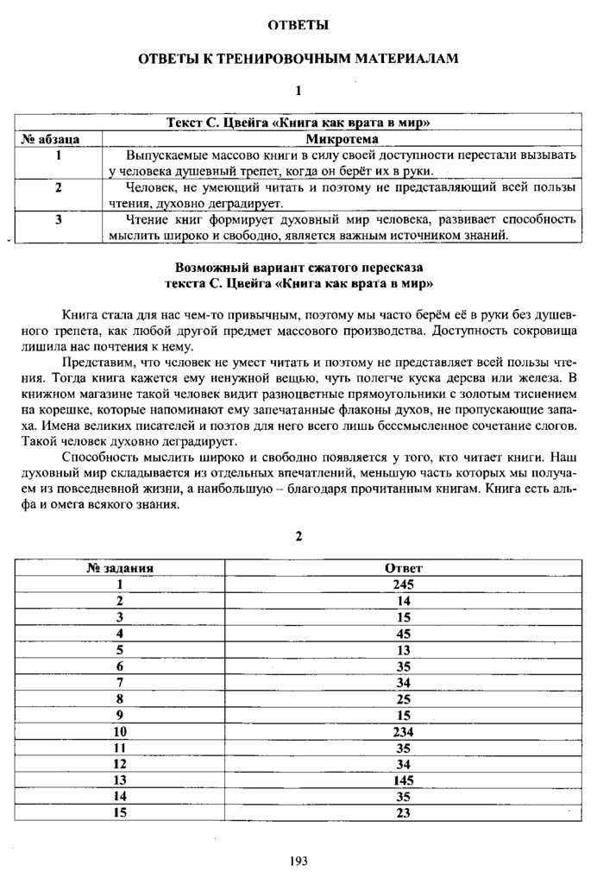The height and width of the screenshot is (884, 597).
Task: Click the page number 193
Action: pos(298,860)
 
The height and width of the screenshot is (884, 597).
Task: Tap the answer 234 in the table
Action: pos(403,731)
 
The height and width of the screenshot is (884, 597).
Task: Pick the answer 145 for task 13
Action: pos(403,780)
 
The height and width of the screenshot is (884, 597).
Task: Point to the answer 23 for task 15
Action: pos(403,813)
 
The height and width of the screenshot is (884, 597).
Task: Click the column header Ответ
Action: pos(403,568)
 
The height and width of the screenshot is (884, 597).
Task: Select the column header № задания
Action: pos(120,568)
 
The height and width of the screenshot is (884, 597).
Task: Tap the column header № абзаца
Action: pos(58,138)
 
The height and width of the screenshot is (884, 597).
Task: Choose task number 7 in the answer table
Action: pos(120,682)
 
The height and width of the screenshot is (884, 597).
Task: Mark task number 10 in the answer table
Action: pos(120,731)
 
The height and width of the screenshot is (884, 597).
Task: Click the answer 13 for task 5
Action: pos(403,649)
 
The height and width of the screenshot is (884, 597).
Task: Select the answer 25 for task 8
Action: pos(403,698)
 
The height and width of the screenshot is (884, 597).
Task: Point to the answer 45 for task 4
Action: pos(403,633)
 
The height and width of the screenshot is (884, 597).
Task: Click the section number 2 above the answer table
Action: pos(298,536)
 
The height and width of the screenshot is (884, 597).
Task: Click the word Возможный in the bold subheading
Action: pos(212,268)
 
